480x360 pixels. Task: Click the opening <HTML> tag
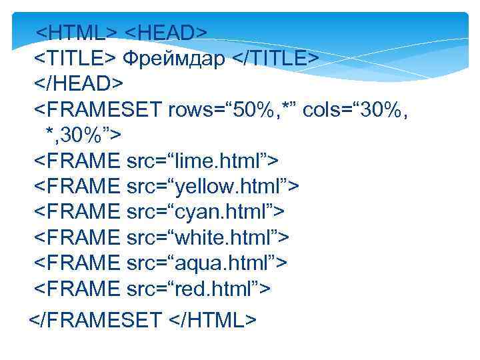(77, 32)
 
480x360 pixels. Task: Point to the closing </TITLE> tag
(275, 58)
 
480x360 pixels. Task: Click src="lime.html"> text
(202, 161)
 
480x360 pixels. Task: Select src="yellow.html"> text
(213, 186)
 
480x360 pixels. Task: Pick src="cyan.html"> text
(205, 211)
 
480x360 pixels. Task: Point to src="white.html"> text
(207, 237)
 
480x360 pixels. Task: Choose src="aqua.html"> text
(207, 263)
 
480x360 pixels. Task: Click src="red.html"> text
(199, 288)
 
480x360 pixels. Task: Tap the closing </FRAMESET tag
(95, 320)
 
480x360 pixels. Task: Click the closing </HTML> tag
(214, 320)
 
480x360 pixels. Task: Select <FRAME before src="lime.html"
(77, 161)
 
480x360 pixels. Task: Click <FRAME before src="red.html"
(77, 288)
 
